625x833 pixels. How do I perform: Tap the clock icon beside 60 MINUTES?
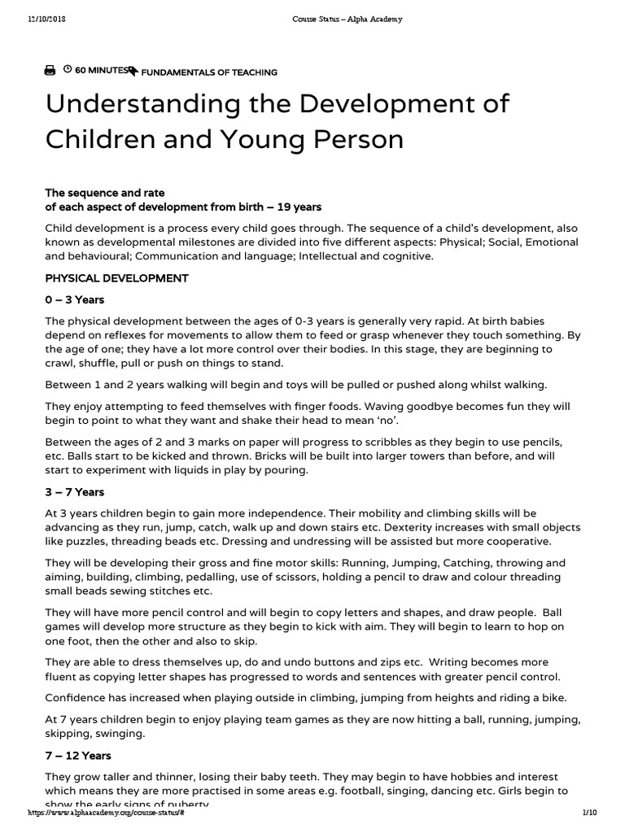68,71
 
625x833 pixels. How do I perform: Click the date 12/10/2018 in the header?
45,19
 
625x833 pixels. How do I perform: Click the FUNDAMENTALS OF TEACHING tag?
209,72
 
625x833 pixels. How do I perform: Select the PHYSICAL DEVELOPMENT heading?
117,278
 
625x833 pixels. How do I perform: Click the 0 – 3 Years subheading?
75,299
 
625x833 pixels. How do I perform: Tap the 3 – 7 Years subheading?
75,492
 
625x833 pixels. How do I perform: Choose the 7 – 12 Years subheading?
78,757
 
